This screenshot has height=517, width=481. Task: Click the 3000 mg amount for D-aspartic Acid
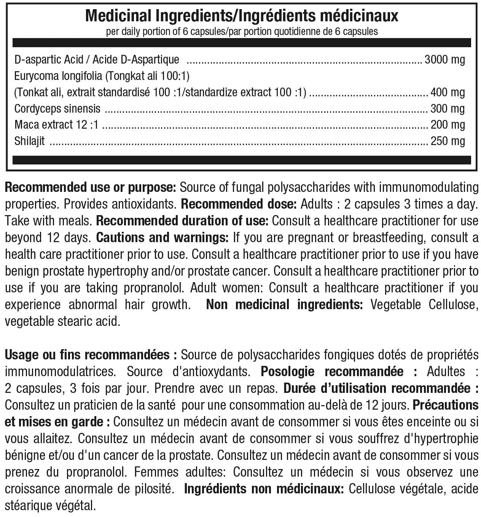tap(444, 60)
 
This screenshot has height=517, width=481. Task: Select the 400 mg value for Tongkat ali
tap(448, 93)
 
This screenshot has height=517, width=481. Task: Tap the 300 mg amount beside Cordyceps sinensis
tap(448, 109)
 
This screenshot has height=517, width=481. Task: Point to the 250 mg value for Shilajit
tap(448, 141)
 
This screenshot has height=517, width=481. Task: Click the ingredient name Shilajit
tap(29, 141)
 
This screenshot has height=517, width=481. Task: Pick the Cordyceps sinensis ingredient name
tap(57, 109)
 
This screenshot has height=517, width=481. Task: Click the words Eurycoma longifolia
tap(56, 77)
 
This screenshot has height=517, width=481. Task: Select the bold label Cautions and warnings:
tap(162, 238)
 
